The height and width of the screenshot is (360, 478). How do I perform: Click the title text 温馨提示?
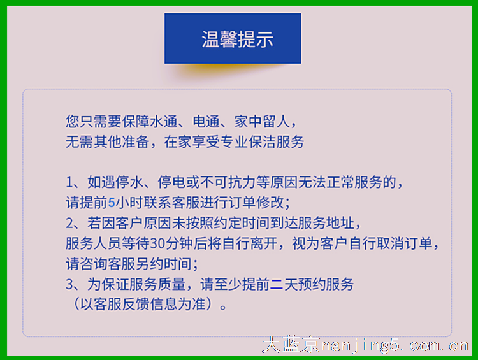click(237, 40)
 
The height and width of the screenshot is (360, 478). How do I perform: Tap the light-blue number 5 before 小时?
click(112, 203)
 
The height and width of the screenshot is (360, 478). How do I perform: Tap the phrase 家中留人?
click(262, 121)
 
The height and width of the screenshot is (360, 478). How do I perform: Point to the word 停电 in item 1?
click(171, 182)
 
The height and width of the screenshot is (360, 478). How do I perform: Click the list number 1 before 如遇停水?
click(69, 182)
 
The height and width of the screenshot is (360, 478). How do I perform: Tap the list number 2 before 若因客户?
click(69, 224)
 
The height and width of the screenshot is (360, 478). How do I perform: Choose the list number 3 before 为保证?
click(69, 284)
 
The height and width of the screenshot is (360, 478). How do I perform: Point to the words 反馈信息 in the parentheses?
click(149, 304)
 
